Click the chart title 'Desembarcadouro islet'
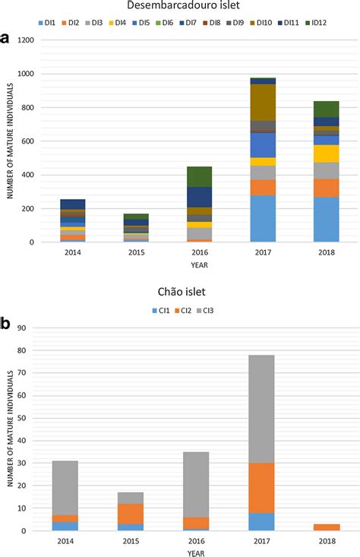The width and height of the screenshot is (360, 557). pyautogui.click(x=179, y=6)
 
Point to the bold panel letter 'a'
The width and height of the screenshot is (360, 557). pyautogui.click(x=9, y=39)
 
